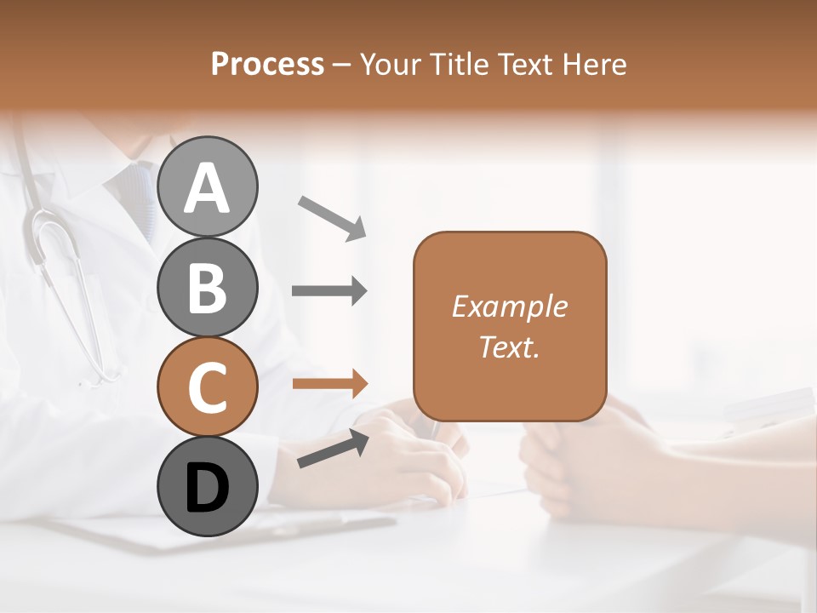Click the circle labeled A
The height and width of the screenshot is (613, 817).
[207, 186]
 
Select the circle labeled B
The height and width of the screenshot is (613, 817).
[207, 287]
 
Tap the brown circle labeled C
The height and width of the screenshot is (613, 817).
[207, 387]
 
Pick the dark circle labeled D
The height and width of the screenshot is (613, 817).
[207, 486]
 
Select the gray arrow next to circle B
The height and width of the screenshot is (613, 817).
[329, 291]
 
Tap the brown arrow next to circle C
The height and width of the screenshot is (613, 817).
[329, 383]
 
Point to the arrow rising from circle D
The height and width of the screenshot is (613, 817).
[333, 449]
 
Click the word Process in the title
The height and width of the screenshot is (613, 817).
[267, 64]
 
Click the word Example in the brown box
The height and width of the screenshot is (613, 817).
[509, 306]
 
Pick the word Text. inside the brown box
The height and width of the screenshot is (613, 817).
[509, 347]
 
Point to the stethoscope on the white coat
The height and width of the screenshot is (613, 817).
[64, 272]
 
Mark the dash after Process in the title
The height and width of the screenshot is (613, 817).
[342, 65]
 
